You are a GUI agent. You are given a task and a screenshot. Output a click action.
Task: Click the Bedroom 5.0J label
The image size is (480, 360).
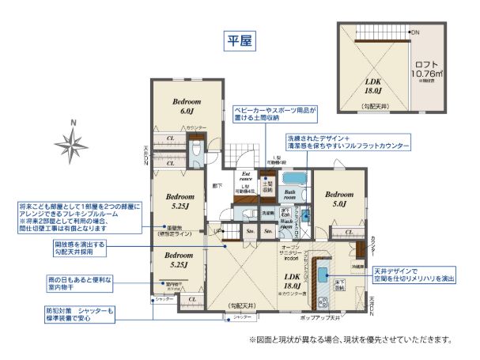click(x=339, y=198)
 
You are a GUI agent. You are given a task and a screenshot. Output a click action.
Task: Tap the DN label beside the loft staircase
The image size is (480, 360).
click(x=414, y=32)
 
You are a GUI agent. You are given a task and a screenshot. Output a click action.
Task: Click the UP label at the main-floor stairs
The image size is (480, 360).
click(x=217, y=230)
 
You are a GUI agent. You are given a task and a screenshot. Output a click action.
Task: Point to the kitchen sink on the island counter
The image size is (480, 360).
click(x=323, y=274)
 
